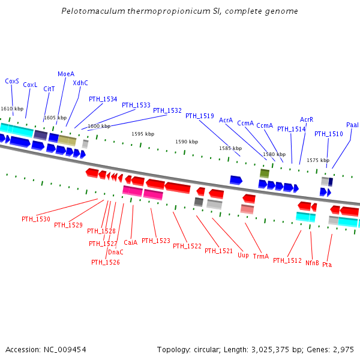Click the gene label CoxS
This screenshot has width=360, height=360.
click(x=12, y=81)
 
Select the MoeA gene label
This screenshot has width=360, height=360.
click(x=66, y=74)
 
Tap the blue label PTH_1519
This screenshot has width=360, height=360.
click(x=199, y=116)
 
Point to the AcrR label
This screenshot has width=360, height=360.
click(x=307, y=119)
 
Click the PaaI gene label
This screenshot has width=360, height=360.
click(x=352, y=125)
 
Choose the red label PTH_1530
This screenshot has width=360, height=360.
click(x=36, y=219)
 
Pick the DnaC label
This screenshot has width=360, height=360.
click(x=116, y=252)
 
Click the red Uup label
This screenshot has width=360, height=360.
click(x=243, y=255)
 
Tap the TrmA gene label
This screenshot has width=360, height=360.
click(x=261, y=256)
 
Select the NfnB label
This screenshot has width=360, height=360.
click(x=312, y=263)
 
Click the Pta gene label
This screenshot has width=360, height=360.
click(x=327, y=264)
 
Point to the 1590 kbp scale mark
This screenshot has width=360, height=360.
click(x=187, y=142)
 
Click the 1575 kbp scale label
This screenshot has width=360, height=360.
click(x=318, y=160)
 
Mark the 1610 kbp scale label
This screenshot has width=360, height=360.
click(x=12, y=109)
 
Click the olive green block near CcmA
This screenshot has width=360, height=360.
click(x=265, y=173)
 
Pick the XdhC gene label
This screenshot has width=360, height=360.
click(x=80, y=83)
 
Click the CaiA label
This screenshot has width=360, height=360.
click(x=131, y=242)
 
